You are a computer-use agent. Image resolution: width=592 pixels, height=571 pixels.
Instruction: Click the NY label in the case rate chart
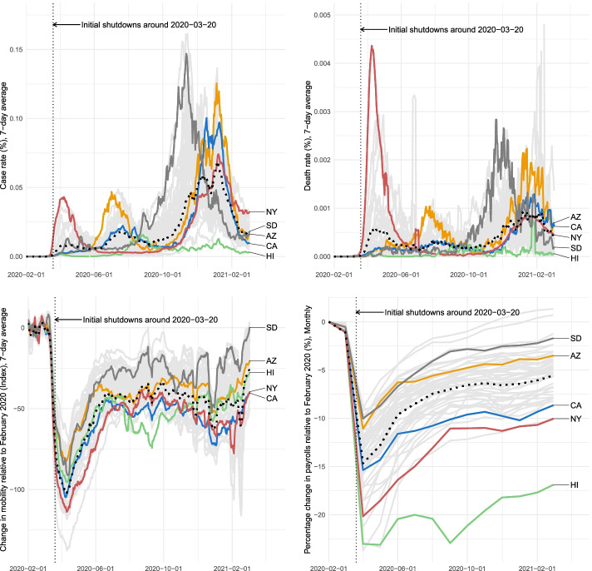(x=271, y=211)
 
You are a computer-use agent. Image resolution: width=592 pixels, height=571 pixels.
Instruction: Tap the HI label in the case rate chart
(x=271, y=258)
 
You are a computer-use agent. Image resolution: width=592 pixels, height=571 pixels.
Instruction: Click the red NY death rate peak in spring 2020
(x=372, y=46)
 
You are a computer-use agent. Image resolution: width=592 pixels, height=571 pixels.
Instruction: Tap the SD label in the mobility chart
(x=271, y=328)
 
